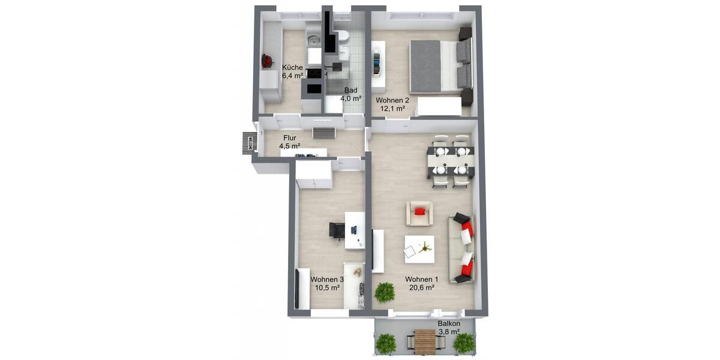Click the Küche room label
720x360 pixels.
292,67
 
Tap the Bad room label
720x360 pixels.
350,90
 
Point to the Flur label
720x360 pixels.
290,137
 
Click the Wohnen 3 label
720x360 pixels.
327,280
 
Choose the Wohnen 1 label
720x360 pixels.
421,279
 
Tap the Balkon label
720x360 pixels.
449,323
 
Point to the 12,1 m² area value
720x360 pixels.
392,109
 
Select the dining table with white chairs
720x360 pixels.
451,160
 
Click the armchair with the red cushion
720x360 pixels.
419,213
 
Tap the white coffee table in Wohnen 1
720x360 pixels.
419,248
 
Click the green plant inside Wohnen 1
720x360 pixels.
385,292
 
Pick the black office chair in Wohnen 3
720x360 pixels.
337,230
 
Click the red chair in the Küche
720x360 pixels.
268,61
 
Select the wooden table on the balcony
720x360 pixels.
425,342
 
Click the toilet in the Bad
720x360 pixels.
343,37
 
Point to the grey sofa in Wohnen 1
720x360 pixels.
461,248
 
